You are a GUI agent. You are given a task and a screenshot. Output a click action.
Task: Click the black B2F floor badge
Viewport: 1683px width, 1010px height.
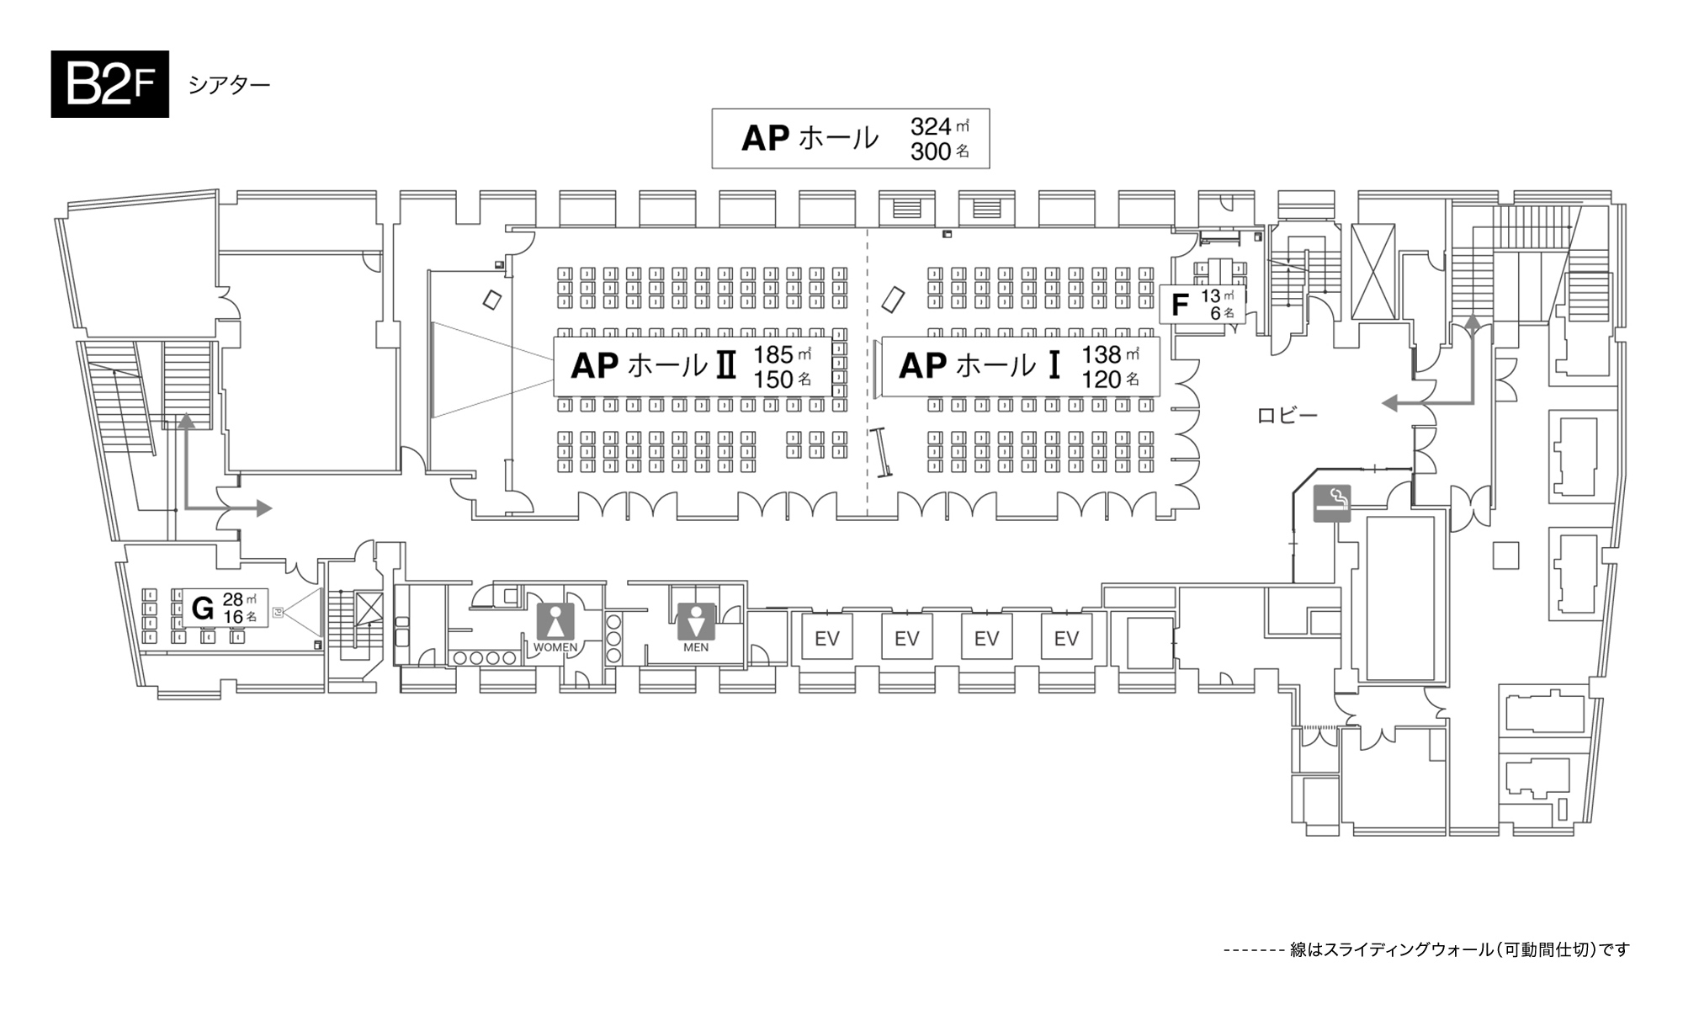coord(109,83)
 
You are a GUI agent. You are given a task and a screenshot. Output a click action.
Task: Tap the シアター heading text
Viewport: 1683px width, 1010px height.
coord(229,85)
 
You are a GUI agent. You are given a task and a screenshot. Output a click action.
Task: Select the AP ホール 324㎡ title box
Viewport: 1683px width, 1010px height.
coord(850,138)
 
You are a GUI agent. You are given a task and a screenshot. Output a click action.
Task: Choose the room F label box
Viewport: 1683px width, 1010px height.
coord(1203,304)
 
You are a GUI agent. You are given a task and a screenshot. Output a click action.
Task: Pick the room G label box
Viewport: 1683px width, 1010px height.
coord(227,608)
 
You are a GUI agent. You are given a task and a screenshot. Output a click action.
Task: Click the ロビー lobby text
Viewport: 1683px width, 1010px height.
coord(1287,415)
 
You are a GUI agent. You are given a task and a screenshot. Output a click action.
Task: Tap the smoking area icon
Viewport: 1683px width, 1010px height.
coord(1332,503)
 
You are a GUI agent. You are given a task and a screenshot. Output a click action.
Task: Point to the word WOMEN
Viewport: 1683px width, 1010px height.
coord(555,647)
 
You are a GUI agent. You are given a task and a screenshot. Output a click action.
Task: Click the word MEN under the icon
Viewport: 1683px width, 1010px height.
coord(696,647)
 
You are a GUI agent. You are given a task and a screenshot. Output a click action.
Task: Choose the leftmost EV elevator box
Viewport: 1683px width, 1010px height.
coord(826,638)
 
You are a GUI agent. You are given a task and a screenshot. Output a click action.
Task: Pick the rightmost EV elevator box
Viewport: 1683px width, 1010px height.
coord(1066,638)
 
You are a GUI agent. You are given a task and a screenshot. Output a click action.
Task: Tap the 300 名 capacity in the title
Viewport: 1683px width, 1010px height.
coord(939,151)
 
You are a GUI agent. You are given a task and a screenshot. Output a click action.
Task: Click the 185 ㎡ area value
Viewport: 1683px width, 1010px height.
coord(782,354)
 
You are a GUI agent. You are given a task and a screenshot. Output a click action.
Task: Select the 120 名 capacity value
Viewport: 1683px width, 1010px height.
coord(1110,380)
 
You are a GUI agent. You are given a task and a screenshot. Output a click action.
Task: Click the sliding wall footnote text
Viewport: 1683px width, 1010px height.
coord(1426,949)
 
